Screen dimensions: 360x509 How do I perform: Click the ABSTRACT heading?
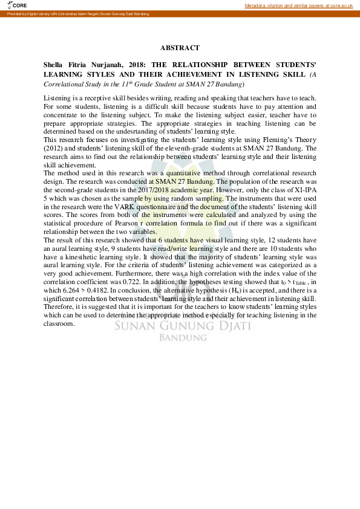180,47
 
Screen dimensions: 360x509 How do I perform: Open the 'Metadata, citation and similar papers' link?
298,5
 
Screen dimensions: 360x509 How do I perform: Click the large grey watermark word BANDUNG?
180,337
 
